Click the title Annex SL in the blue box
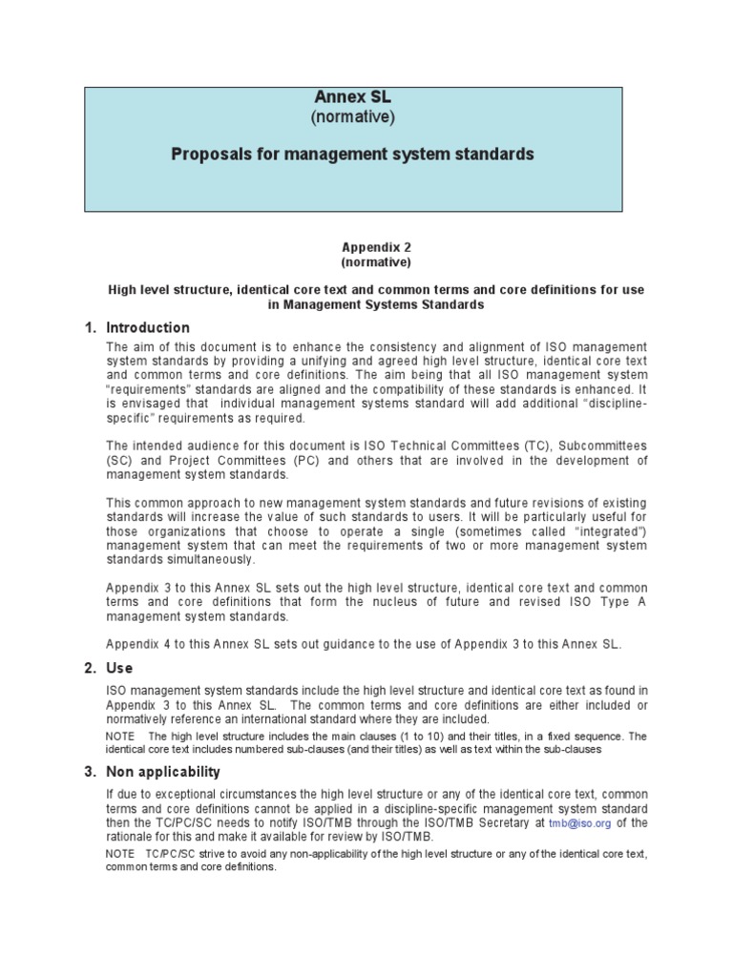coord(353,97)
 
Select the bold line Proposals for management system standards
coord(352,154)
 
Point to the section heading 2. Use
coord(109,668)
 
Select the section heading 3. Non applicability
coord(153,771)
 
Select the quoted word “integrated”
coord(614,530)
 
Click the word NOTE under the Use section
coord(120,736)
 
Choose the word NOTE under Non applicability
coord(120,853)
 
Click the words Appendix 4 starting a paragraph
coord(139,644)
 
